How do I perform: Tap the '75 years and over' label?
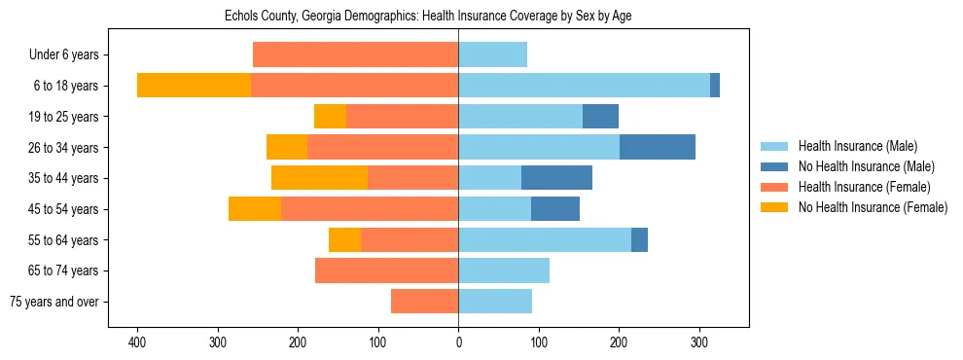pos(54,302)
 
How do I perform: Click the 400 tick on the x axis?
pos(137,343)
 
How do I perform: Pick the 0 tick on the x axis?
pos(458,343)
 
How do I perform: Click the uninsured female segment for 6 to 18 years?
pos(194,86)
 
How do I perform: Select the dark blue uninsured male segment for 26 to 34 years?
pos(658,147)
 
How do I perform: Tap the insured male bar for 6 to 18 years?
pos(584,86)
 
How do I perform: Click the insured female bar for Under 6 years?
pos(355,55)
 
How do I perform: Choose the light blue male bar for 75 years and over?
pos(495,302)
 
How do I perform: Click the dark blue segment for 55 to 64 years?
pos(639,239)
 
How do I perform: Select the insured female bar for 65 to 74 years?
pos(386,270)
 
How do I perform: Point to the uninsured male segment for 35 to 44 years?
pos(556,178)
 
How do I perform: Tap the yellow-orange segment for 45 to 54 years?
pos(255,209)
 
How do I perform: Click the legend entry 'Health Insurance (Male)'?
pos(857,146)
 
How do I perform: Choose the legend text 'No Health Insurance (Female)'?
pos(872,207)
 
